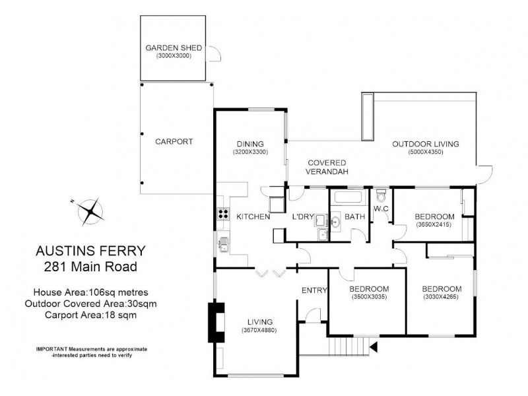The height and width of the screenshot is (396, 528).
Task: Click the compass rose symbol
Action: [x=91, y=211]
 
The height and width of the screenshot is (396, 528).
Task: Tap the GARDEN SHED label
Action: [x=174, y=48]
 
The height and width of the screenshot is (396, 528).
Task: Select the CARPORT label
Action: [x=174, y=141]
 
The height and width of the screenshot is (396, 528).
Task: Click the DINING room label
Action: [x=249, y=144]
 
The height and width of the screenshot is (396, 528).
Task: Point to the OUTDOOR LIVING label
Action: [x=425, y=144]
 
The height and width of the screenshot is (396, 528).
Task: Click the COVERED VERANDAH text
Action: [x=327, y=166]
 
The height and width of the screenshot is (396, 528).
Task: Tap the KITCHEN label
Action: [x=253, y=216]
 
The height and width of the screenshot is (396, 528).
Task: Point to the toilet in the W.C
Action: [x=379, y=197]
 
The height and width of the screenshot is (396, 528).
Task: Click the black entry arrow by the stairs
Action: [x=373, y=345]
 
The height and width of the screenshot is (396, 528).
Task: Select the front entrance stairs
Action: [x=345, y=345]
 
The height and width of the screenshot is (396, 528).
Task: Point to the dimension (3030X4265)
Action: [x=440, y=296]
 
